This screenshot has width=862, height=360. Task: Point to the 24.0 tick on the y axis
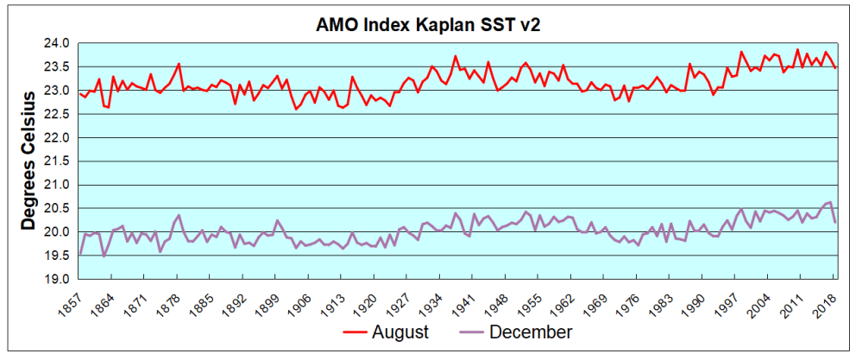click(58, 43)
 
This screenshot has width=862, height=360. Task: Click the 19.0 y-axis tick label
click(58, 279)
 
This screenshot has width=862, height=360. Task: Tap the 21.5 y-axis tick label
click(58, 161)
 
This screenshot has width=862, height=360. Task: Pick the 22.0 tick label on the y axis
click(58, 137)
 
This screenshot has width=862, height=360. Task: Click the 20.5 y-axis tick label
click(58, 208)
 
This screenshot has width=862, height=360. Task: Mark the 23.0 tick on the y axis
click(58, 91)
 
